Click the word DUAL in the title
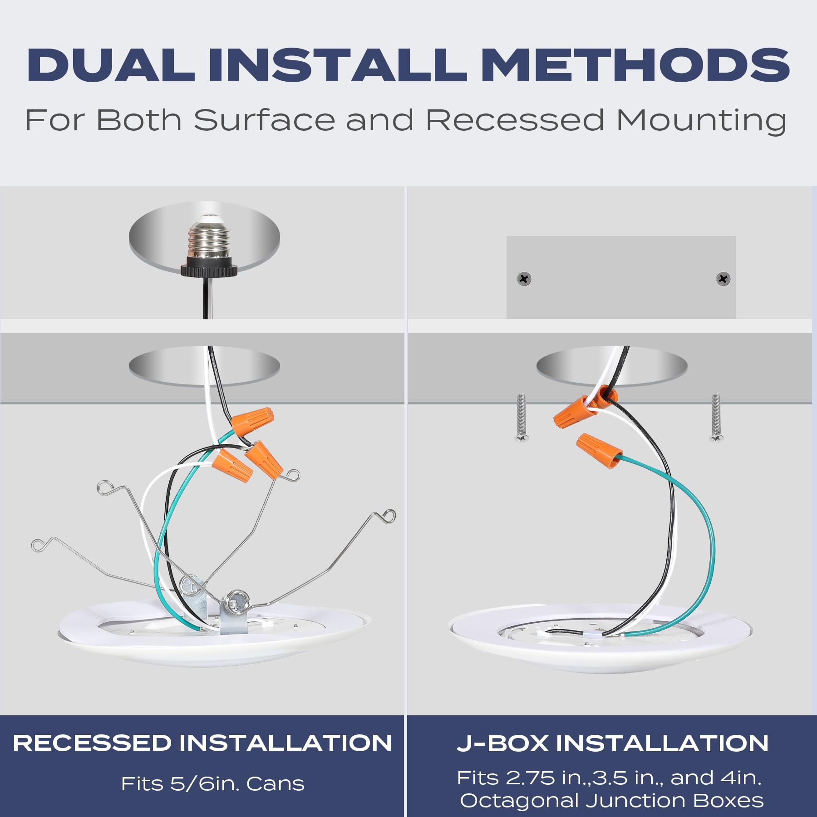point(111,65)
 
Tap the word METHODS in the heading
point(635,65)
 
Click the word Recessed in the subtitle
point(515,120)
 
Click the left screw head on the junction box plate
point(524,279)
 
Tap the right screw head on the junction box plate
point(723,279)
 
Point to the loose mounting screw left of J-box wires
point(521,418)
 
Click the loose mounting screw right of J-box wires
point(716,418)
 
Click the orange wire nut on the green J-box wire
point(599,450)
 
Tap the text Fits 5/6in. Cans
point(212,784)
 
